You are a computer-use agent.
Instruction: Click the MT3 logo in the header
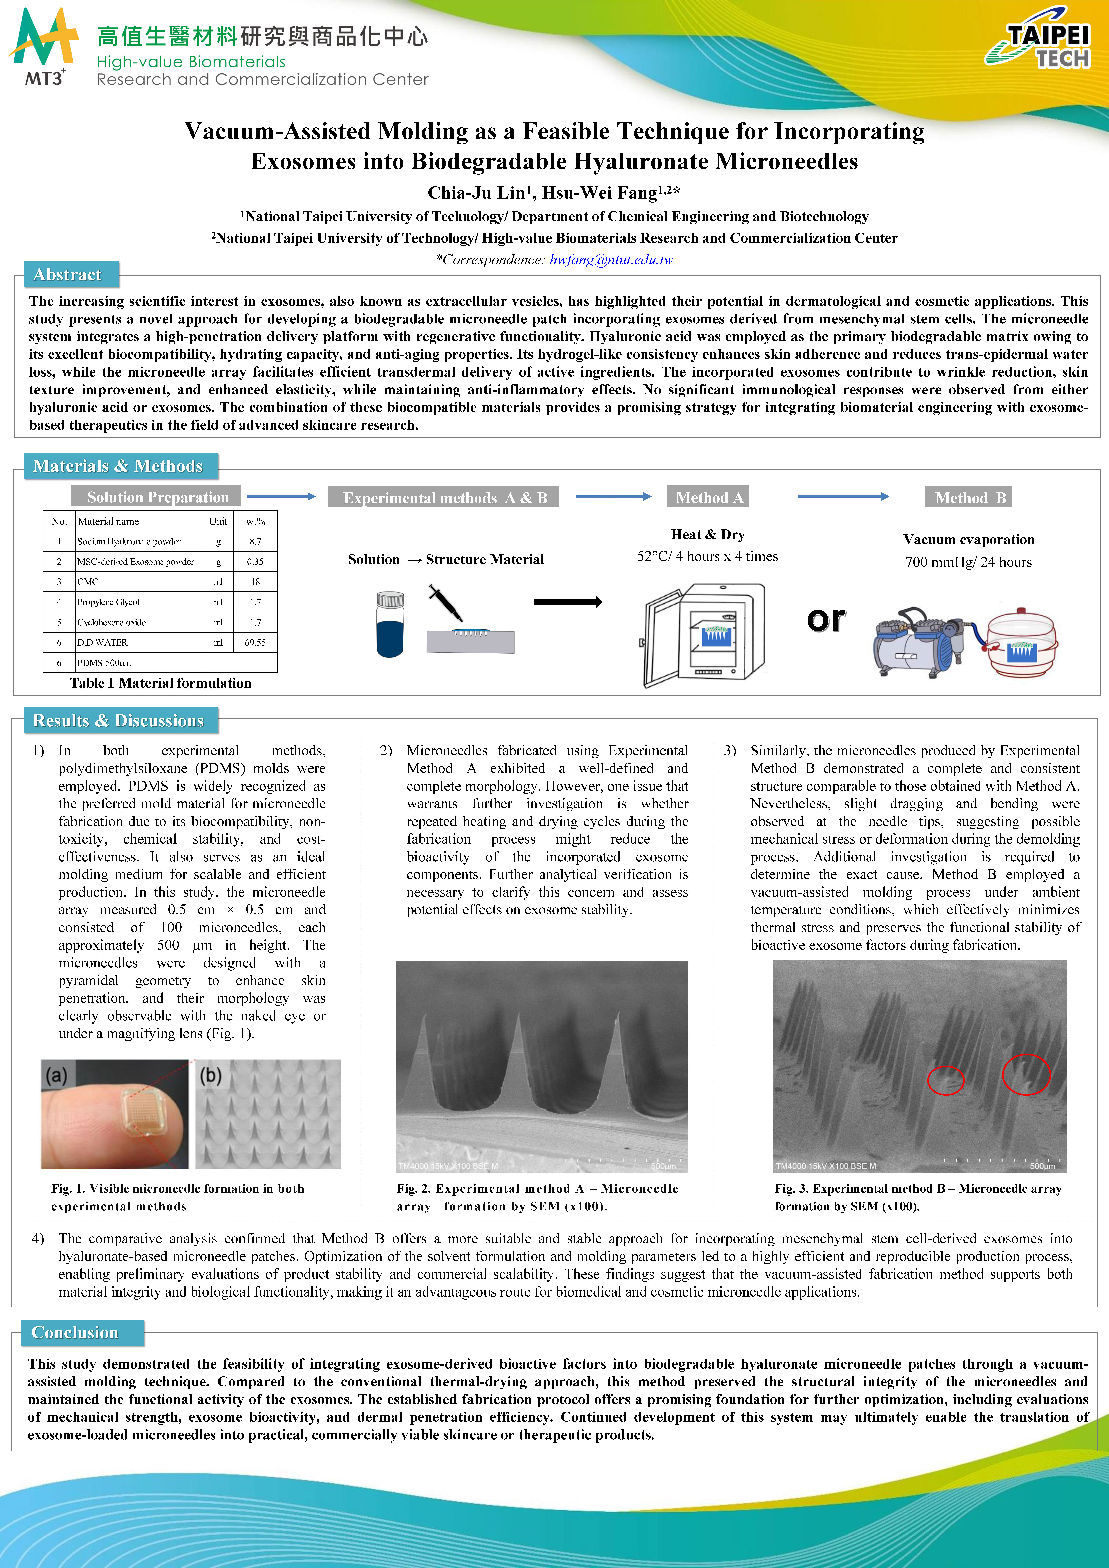43,48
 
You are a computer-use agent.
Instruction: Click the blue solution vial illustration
390,624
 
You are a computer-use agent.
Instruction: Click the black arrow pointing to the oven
567,602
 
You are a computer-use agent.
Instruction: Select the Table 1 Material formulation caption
160,683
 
